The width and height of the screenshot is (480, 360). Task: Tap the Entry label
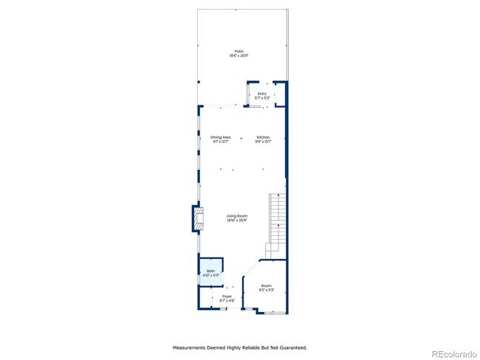click(262, 93)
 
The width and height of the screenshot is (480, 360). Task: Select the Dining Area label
click(221, 137)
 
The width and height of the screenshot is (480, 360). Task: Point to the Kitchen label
click(264, 137)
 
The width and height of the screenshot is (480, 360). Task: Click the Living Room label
click(237, 215)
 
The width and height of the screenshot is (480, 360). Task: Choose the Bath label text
click(210, 271)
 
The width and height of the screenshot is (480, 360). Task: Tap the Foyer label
click(227, 297)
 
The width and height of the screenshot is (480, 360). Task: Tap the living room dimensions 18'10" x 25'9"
click(237, 220)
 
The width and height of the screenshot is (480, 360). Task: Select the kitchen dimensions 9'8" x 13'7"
click(264, 142)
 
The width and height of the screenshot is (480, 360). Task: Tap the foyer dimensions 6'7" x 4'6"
click(227, 300)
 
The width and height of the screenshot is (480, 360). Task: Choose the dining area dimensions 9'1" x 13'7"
click(221, 142)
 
